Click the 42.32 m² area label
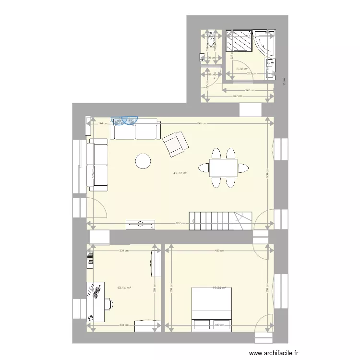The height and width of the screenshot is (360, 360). (x=180, y=173)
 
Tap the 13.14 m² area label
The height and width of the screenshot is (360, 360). (x=124, y=288)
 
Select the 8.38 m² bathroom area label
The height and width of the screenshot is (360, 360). (x=242, y=69)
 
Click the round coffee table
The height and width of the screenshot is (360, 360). (x=143, y=161)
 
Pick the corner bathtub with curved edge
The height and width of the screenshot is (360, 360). (x=265, y=42)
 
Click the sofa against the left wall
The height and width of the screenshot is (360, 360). (x=98, y=164)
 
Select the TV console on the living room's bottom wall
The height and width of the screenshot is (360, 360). (x=141, y=224)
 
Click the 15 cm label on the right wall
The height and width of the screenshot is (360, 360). (x=284, y=82)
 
